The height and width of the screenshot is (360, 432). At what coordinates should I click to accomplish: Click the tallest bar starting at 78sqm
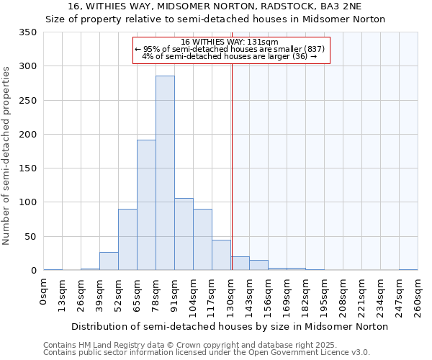click(165, 173)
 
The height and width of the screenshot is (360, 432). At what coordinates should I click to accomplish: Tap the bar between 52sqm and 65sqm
click(127, 240)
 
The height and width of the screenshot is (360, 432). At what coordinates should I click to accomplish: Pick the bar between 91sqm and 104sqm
click(184, 234)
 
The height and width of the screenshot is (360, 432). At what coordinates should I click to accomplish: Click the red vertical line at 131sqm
click(232, 166)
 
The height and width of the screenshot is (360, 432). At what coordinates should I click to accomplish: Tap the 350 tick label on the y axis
click(27, 32)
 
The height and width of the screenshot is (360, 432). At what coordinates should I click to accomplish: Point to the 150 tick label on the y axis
click(27, 168)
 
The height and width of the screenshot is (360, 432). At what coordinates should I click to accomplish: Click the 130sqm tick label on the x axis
click(230, 297)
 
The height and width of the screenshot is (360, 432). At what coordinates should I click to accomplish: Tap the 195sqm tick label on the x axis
click(324, 297)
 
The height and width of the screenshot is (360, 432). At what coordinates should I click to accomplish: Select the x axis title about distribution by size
click(230, 326)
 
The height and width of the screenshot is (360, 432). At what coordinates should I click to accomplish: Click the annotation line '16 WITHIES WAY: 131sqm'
click(230, 42)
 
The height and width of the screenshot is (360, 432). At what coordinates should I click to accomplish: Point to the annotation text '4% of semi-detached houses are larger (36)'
click(230, 56)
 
